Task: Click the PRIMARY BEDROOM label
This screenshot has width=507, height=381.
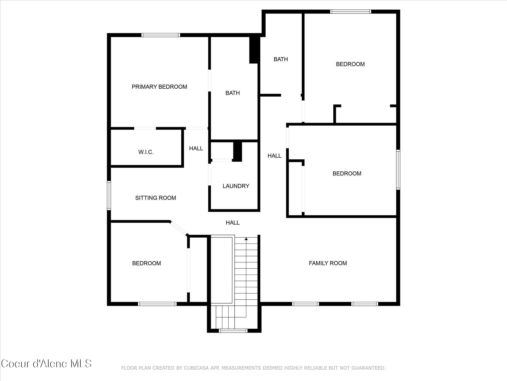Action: pyautogui.click(x=159, y=87)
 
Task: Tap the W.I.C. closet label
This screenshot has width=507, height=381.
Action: pyautogui.click(x=146, y=152)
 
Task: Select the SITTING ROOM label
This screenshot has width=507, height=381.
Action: pyautogui.click(x=156, y=198)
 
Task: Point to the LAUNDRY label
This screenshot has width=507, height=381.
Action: pyautogui.click(x=236, y=186)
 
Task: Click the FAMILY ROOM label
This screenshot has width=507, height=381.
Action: pyautogui.click(x=328, y=263)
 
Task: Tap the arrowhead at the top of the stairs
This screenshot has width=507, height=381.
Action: pyautogui.click(x=246, y=239)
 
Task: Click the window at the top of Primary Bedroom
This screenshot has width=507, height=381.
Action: pyautogui.click(x=161, y=35)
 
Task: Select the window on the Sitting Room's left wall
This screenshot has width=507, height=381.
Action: pyautogui.click(x=109, y=195)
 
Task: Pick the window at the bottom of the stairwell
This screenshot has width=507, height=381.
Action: pyautogui.click(x=233, y=330)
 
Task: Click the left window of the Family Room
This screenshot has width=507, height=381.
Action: pyautogui.click(x=305, y=304)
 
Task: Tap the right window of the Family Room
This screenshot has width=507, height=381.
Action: pyautogui.click(x=365, y=304)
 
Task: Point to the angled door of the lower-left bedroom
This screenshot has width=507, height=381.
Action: pyautogui.click(x=179, y=228)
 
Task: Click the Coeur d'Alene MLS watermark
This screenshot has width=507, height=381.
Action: pyautogui.click(x=46, y=364)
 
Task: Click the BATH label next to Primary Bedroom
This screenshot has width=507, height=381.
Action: pyautogui.click(x=232, y=93)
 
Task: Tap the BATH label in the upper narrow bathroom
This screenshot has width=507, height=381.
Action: pyautogui.click(x=281, y=59)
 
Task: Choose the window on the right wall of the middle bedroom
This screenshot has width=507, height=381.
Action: pyautogui.click(x=398, y=170)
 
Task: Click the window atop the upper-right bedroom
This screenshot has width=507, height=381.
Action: pyautogui.click(x=351, y=11)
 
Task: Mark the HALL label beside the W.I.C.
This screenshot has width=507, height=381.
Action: pyautogui.click(x=196, y=148)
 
